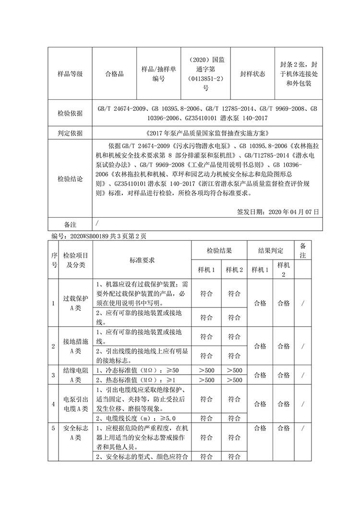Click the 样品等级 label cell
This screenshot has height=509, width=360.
70,74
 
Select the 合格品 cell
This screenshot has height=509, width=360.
114,74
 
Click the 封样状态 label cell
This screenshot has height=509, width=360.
252,74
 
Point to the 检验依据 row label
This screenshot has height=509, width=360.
70,113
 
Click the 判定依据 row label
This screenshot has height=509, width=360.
70,133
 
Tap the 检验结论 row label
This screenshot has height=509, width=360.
70,179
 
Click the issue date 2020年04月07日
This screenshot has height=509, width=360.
278,211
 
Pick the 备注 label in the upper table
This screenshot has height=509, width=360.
70,224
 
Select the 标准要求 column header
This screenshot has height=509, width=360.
142,260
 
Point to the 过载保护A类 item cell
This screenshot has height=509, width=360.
75,303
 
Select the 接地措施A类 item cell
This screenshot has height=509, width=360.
75,346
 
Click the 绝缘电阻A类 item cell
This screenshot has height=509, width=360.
75,375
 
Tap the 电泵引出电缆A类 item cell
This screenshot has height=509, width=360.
75,403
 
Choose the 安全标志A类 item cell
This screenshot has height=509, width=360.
75,433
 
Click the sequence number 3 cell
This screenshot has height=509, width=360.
54,375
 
